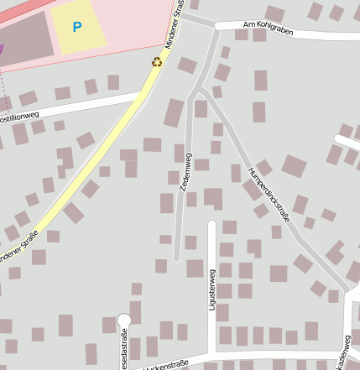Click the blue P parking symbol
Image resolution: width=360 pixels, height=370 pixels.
coord(77,27)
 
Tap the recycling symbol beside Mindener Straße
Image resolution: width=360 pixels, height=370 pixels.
coord(156,61)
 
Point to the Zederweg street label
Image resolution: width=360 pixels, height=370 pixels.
coord(185,173)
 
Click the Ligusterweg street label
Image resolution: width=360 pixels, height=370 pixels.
coord(211,289)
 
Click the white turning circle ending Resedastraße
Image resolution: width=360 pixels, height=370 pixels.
coord(124,320)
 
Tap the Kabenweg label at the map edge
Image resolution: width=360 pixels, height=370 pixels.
coord(344,352)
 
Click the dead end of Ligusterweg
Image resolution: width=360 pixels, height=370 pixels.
coord(211,224)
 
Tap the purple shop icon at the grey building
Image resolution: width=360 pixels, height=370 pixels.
coord(2,48)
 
